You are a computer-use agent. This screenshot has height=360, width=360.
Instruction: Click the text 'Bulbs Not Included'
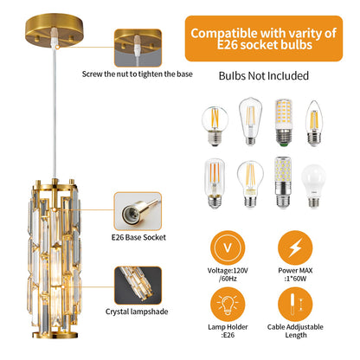coord(264,76)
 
